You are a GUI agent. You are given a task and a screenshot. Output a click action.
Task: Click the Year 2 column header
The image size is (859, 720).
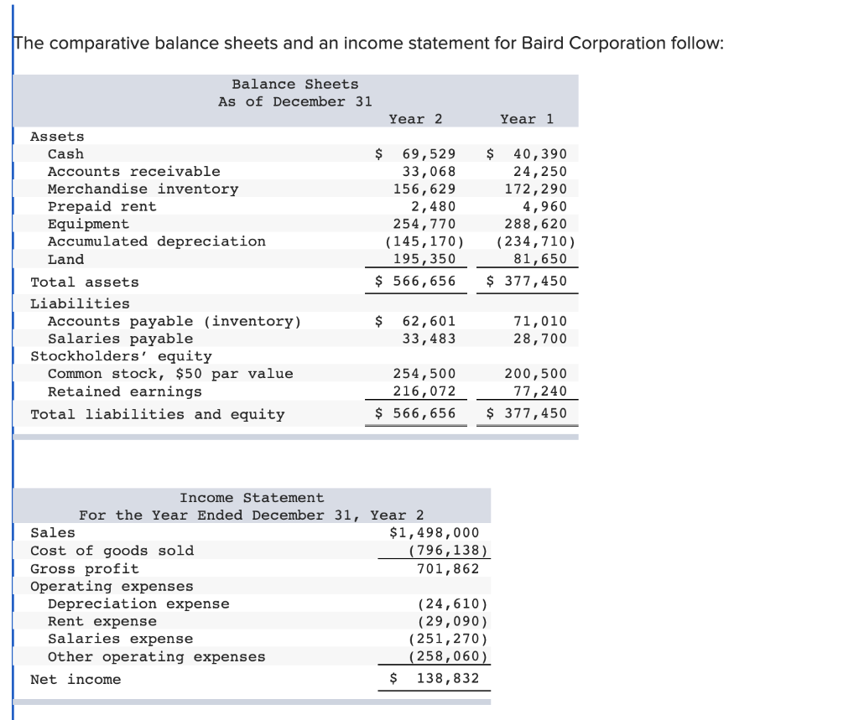point(415,119)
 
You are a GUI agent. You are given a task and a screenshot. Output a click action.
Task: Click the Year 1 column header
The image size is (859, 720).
point(527,119)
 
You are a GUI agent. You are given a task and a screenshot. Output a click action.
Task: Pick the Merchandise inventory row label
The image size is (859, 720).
point(143,189)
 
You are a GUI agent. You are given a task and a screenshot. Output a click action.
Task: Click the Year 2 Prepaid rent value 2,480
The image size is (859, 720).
point(433,206)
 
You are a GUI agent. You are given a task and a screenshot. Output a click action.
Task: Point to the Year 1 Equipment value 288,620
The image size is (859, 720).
point(535,224)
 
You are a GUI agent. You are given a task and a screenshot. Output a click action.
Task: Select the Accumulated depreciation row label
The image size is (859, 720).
point(156,241)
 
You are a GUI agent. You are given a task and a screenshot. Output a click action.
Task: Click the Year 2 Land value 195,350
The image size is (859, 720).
point(424,259)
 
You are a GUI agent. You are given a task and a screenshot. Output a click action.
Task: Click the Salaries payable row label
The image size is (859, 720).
point(120,339)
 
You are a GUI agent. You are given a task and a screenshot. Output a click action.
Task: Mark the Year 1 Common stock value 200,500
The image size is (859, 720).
point(535,374)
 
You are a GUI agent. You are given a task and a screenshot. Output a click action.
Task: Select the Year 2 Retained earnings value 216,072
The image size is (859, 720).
point(424,391)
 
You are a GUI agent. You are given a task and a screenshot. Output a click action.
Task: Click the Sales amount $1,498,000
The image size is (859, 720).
point(435,533)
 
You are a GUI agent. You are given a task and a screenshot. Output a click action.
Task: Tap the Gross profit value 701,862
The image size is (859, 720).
point(448,569)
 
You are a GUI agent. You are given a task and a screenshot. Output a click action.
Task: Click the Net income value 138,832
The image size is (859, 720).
point(448,679)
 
